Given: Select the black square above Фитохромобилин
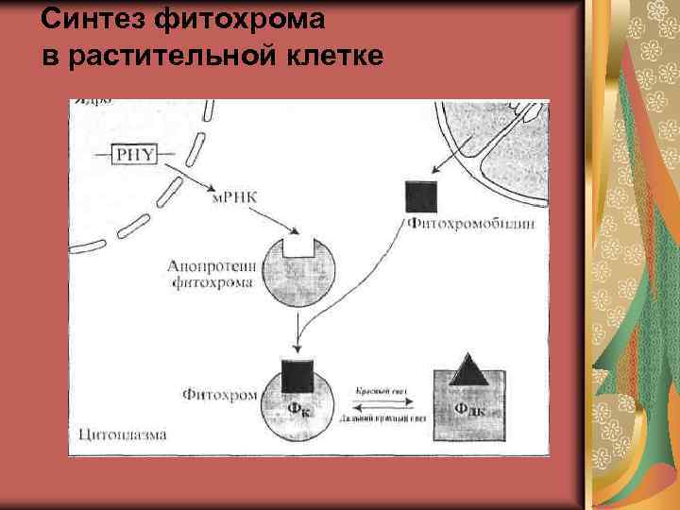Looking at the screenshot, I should tap(420, 196).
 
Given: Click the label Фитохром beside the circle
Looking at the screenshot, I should tap(220, 393).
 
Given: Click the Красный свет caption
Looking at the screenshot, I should tap(382, 389).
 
